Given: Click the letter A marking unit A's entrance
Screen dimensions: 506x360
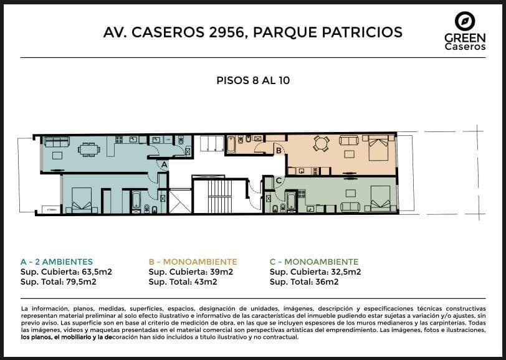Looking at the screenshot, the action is click(165, 164).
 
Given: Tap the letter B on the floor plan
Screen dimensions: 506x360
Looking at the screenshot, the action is click(279, 150).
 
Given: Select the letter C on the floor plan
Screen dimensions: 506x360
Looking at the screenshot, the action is click(279, 181).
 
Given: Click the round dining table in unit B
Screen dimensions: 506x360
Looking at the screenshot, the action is click(321, 143).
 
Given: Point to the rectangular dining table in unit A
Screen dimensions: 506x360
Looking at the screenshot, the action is click(88, 149).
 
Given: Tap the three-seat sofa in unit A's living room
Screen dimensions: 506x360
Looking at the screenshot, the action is click(57, 141).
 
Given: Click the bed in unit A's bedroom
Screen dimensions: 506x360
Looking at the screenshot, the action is click(82, 201).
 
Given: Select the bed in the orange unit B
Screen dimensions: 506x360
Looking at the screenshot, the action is click(378, 148).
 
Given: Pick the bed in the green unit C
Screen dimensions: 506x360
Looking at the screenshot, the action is click(381, 199).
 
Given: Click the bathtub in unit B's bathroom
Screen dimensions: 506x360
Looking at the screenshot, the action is click(231, 144).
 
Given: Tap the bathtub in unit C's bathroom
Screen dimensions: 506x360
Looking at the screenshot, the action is click(291, 202).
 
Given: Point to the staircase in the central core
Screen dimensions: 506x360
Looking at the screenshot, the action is click(220, 196).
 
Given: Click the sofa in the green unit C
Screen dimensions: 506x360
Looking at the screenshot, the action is click(350, 207).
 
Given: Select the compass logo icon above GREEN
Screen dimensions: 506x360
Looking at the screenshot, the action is click(465, 21).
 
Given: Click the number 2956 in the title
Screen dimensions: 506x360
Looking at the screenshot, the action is click(225, 32).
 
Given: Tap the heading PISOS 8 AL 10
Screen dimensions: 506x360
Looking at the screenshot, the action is click(253, 80).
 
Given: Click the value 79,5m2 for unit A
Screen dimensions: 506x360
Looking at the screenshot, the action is click(80, 282).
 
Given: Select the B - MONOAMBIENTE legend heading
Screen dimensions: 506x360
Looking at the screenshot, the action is click(193, 262).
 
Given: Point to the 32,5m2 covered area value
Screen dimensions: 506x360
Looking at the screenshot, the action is click(345, 272).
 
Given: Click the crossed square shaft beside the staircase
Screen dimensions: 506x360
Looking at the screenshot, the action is click(180, 201).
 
